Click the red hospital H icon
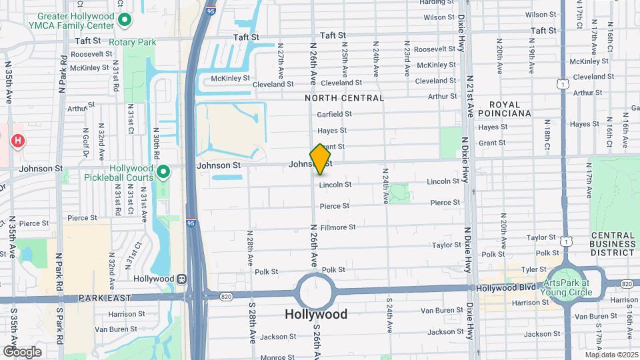18,141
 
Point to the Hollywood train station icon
181,279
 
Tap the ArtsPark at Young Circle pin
561,275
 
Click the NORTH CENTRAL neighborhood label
344,98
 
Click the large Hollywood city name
316,314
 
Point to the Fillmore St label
338,227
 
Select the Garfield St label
334,114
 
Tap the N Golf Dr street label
85,141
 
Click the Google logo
22,351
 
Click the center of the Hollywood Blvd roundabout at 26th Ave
316,291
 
